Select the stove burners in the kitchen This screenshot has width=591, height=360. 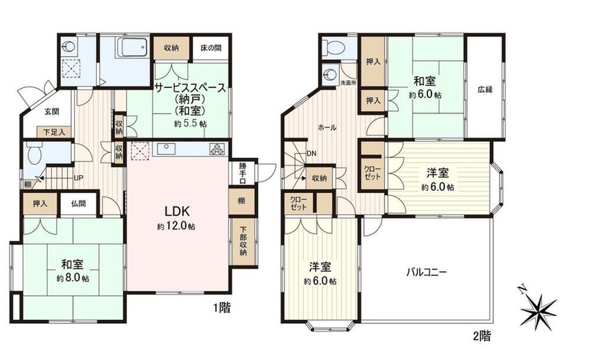(x=217, y=149)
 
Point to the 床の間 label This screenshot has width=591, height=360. (x=211, y=48)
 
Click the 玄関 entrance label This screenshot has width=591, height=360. (x=51, y=112)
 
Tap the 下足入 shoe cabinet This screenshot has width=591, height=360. (x=54, y=132)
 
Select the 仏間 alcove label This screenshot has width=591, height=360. (x=79, y=203)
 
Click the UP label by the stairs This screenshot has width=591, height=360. (x=79, y=177)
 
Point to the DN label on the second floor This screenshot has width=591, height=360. (x=311, y=154)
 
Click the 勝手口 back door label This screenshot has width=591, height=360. (x=242, y=173)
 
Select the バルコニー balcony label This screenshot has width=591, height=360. (x=426, y=272)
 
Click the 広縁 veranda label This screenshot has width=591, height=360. (x=485, y=90)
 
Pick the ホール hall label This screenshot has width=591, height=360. (x=327, y=128)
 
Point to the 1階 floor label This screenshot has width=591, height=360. (x=222, y=308)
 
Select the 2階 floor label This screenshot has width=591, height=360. (x=481, y=335)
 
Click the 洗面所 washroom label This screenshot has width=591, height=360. (x=348, y=83)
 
